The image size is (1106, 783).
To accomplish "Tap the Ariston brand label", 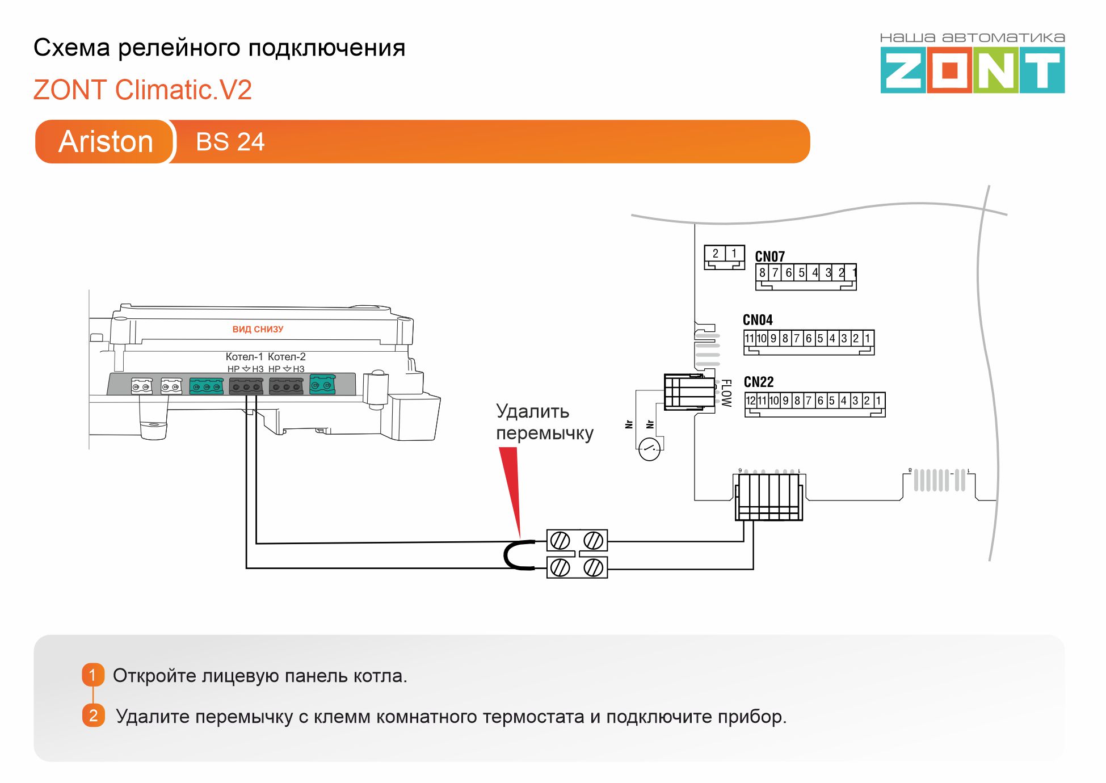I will [x=106, y=141].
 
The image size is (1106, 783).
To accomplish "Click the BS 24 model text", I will [x=230, y=142].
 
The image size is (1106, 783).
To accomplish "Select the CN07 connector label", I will [x=769, y=256].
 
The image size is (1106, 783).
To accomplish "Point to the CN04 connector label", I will [x=758, y=320].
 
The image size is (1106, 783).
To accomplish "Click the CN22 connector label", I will [x=759, y=382].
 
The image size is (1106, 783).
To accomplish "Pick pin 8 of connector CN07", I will [x=762, y=273].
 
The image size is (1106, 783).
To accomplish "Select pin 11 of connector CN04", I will [x=749, y=339].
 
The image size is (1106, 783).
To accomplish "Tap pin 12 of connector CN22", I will [x=751, y=401].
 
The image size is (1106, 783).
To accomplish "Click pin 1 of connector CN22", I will [x=878, y=401].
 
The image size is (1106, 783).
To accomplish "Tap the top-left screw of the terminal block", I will [x=560, y=541].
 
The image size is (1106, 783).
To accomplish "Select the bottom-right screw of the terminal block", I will [x=594, y=567].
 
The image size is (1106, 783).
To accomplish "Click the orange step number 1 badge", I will [x=93, y=675].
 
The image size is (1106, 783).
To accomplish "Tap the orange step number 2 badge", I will [x=93, y=715].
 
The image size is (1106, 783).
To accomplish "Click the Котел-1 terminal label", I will [x=244, y=356].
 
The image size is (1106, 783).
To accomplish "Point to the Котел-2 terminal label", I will [x=287, y=356].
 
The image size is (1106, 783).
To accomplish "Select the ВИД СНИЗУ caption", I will [x=258, y=329].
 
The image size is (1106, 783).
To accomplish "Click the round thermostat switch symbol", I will [x=649, y=449].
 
